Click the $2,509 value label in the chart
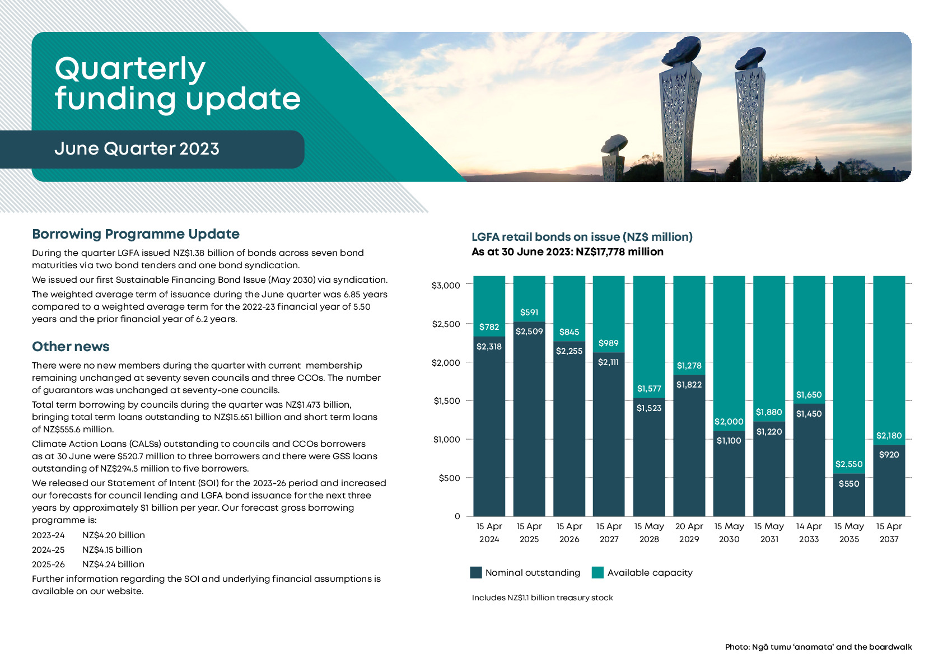[x=529, y=332]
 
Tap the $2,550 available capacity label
[x=849, y=464]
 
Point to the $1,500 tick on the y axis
[x=446, y=401]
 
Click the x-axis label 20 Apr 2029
[x=689, y=533]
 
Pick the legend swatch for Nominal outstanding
[x=476, y=572]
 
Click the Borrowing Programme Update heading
[x=136, y=234]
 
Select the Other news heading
[x=71, y=347]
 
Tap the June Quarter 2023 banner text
[x=137, y=149]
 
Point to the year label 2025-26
[x=48, y=565]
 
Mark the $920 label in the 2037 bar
[x=889, y=455]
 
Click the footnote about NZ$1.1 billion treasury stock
[x=542, y=598]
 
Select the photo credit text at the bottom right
[x=818, y=647]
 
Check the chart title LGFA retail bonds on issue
[x=582, y=237]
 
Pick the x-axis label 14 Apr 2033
[x=809, y=533]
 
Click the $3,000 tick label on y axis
[x=446, y=286]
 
